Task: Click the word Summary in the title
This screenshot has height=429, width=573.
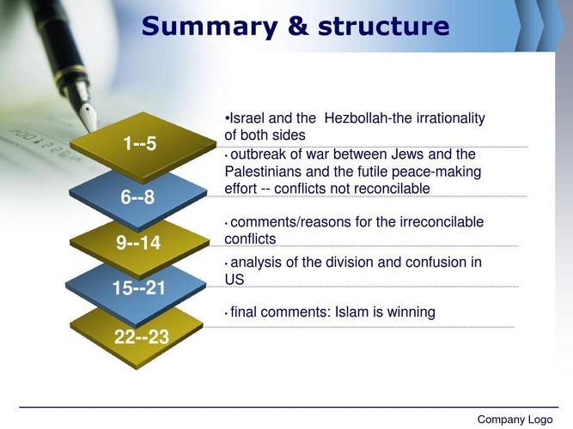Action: tap(210, 27)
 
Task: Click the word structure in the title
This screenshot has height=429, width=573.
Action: tap(384, 27)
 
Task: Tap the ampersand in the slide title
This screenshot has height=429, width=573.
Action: tap(297, 26)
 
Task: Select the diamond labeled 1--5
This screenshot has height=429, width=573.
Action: tap(143, 145)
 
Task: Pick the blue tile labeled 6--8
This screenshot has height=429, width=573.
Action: tap(138, 199)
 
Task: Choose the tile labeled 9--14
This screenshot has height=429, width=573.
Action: tap(139, 245)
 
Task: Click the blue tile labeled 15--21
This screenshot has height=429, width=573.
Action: tap(136, 290)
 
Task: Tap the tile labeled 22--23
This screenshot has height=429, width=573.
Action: tap(137, 338)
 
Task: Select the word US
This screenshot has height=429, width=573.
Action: tap(235, 280)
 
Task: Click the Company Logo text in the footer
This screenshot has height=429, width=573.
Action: tap(515, 420)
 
